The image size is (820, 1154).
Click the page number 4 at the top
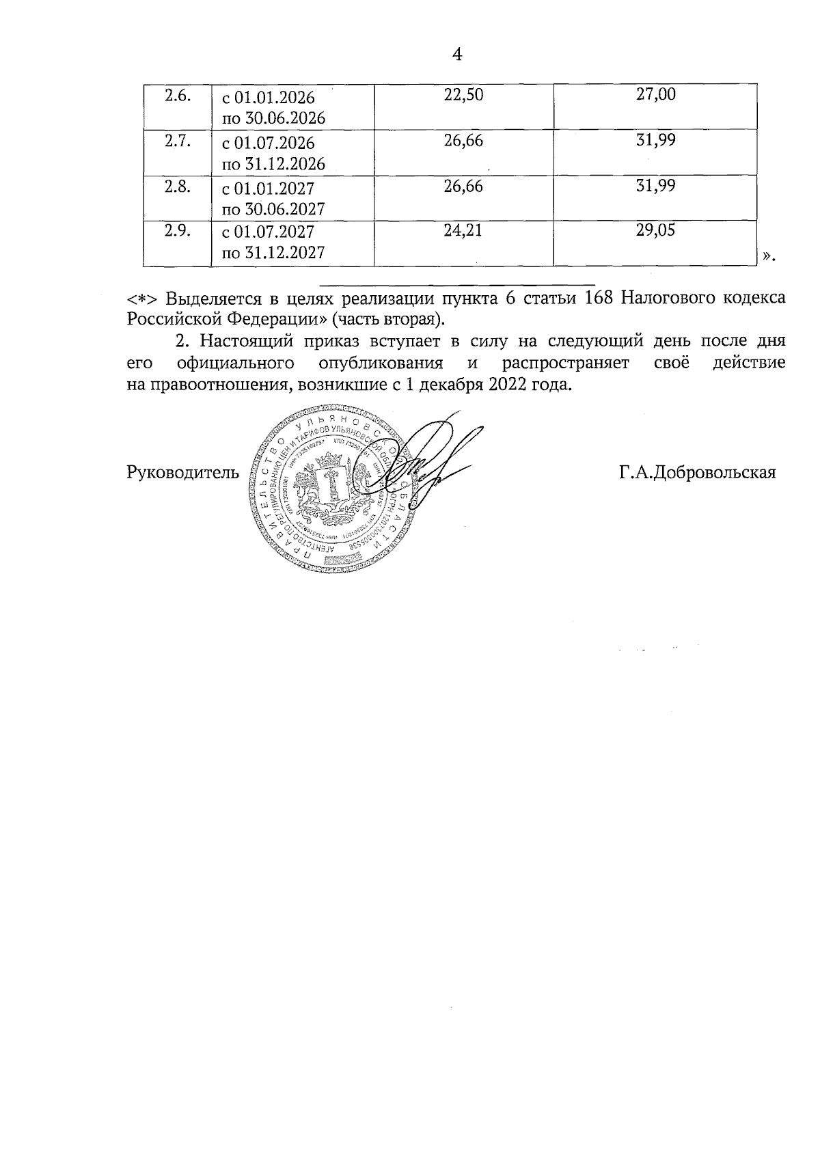tap(458, 55)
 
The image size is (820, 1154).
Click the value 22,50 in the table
tap(463, 95)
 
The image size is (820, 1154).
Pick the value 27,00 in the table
tap(655, 94)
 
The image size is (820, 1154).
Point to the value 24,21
tap(463, 230)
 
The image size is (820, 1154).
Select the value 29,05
tap(655, 230)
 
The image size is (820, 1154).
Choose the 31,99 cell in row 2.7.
tap(655, 140)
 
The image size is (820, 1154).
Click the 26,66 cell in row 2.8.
tap(463, 186)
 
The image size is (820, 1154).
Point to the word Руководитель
tap(183, 472)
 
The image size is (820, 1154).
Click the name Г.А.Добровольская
tap(698, 472)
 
